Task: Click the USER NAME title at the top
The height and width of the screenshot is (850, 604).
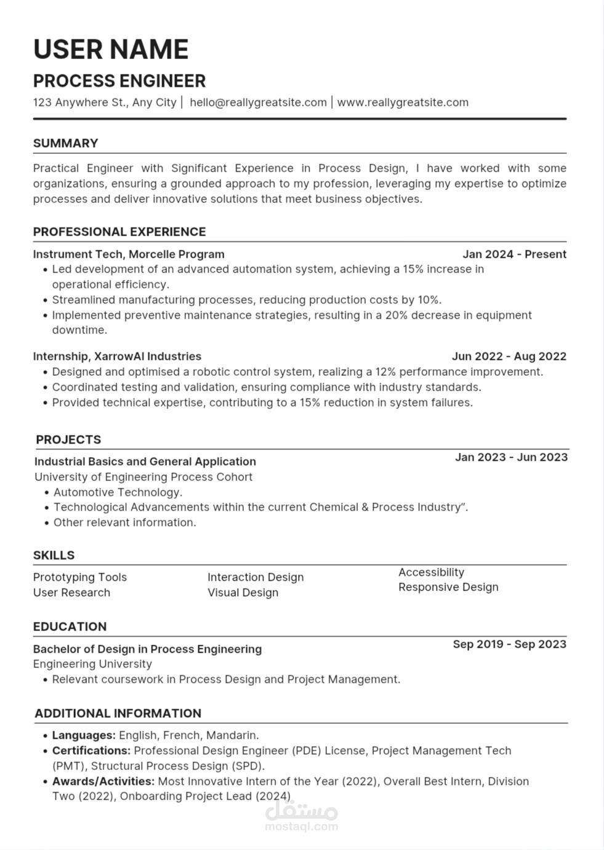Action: click(x=111, y=49)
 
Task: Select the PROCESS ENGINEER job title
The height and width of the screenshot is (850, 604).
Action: click(x=119, y=81)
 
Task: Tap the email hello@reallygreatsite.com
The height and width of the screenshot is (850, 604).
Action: click(x=258, y=102)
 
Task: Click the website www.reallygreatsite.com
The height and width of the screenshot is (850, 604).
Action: click(x=403, y=102)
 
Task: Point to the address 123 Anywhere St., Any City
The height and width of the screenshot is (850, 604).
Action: click(x=105, y=102)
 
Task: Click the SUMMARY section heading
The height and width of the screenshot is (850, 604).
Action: click(x=66, y=143)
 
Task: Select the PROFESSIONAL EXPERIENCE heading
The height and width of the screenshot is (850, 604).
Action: click(x=119, y=232)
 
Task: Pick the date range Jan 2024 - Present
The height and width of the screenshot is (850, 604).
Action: click(x=514, y=254)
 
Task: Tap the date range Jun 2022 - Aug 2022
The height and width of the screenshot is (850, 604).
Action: click(x=509, y=356)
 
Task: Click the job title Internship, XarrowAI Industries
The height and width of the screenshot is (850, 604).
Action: click(x=117, y=356)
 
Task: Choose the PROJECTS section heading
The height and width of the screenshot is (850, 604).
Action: click(x=68, y=440)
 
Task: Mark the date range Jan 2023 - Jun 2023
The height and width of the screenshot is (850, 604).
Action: click(x=511, y=457)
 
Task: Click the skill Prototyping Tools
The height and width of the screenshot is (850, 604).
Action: click(x=80, y=577)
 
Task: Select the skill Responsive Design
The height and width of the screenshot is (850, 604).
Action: click(x=448, y=587)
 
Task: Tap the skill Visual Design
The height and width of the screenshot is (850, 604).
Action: click(x=243, y=592)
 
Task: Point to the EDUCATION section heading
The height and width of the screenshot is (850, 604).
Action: click(x=70, y=627)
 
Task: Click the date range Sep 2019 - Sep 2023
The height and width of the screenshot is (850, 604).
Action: click(x=509, y=644)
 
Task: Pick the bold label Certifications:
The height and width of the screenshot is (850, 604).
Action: click(x=91, y=750)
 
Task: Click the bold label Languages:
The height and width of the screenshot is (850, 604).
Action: click(x=84, y=735)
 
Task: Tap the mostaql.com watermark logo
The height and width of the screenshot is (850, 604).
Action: click(x=301, y=817)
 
